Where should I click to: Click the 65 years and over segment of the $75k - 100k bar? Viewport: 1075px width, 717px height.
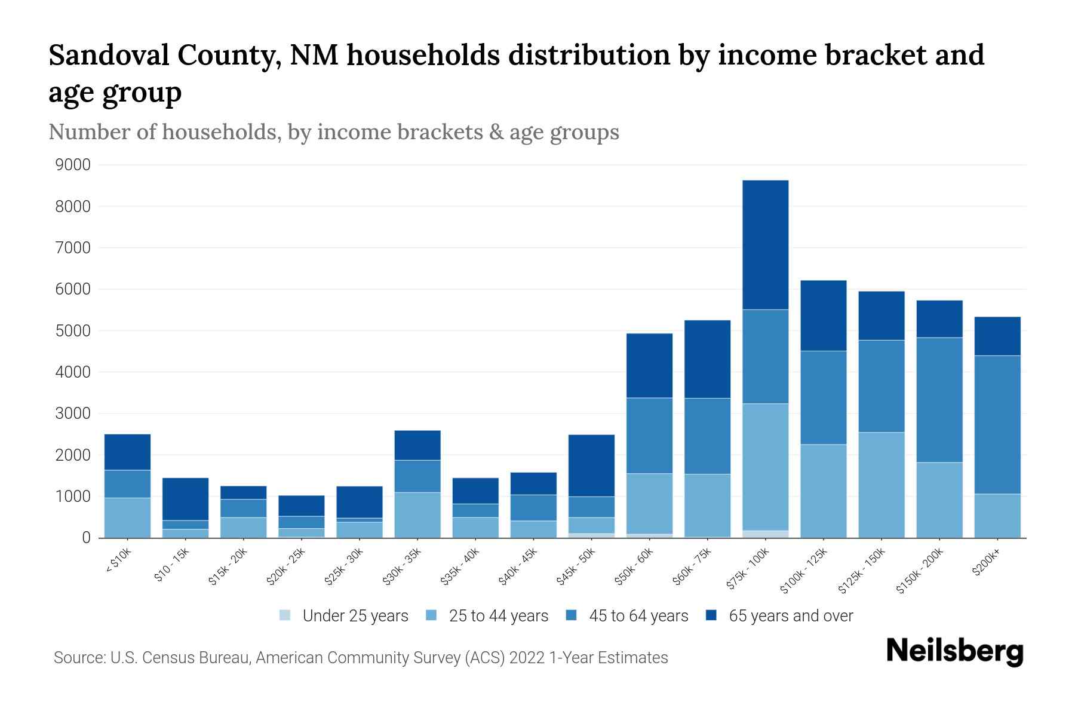pos(765,245)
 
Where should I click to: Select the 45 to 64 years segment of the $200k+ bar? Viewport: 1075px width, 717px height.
pos(997,424)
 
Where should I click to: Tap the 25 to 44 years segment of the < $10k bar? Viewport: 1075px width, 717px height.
pos(127,517)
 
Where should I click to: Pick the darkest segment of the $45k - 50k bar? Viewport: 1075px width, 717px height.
pos(591,465)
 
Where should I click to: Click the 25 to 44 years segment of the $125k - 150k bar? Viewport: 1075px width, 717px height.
pos(881,485)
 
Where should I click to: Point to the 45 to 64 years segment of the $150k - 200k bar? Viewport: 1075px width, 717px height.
pos(939,400)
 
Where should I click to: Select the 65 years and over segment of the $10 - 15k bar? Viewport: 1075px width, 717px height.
pos(185,499)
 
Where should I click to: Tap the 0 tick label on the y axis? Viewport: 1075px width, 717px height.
pos(86,538)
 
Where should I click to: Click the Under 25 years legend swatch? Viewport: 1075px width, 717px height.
pos(285,615)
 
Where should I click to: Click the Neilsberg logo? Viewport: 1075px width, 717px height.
pos(954,651)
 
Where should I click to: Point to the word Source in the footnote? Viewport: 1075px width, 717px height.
pos(78,658)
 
